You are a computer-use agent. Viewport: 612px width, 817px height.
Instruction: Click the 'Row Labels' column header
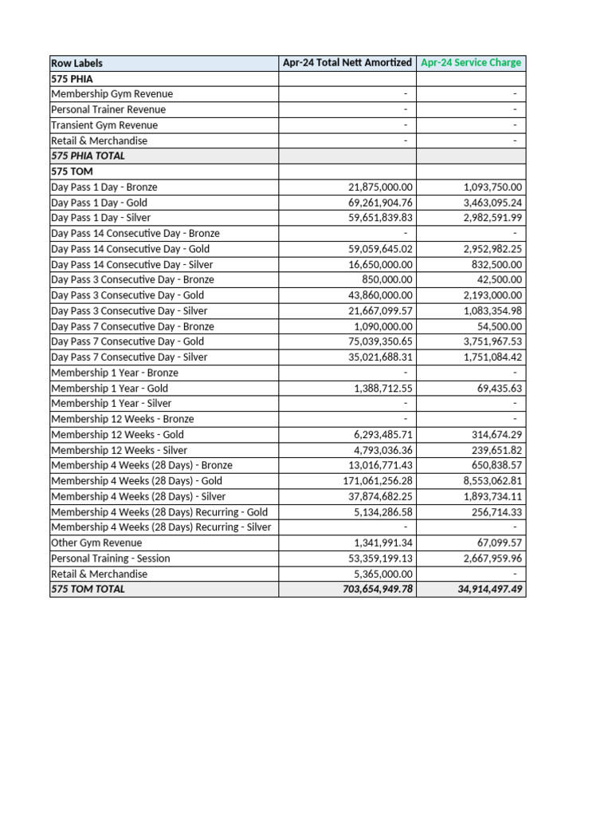tap(76, 63)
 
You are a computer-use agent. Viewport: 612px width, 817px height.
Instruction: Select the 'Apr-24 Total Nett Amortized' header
tap(347, 62)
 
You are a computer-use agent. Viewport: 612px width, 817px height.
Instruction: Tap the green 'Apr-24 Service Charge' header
tap(471, 62)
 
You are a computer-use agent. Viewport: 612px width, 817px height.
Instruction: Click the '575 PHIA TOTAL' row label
tap(88, 156)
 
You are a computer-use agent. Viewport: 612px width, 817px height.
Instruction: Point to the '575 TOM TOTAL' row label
tap(88, 589)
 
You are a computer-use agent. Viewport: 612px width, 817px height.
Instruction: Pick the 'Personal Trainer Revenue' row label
tap(108, 109)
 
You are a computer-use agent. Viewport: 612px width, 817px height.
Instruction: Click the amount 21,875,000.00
tap(380, 187)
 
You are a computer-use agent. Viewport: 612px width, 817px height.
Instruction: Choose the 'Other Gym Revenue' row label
tap(96, 543)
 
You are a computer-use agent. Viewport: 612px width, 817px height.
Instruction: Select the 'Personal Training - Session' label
tap(110, 558)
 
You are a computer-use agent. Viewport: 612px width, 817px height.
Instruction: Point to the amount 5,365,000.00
tap(383, 574)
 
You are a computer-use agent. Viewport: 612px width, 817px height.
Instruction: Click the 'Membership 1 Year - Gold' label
tap(109, 388)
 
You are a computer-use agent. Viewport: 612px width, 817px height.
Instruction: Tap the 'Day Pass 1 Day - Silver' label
tap(100, 217)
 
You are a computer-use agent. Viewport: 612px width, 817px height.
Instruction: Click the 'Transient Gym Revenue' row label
tap(104, 125)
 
